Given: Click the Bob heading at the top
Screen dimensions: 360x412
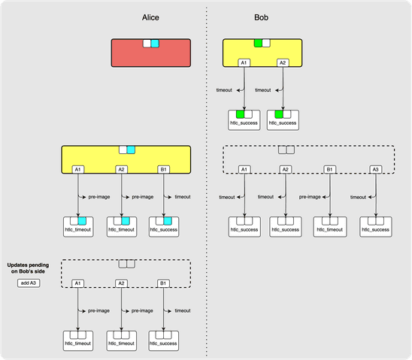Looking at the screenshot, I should (x=262, y=17).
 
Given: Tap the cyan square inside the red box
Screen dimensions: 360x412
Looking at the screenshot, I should (x=156, y=44).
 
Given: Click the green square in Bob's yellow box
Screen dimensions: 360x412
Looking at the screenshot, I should (x=258, y=44).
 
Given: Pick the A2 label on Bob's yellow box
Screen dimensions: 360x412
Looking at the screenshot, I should (x=282, y=63).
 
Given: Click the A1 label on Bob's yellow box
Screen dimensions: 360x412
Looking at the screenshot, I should (x=244, y=63).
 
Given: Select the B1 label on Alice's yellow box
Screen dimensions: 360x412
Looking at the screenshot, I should (x=162, y=169).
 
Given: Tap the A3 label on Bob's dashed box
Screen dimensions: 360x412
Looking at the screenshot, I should (x=375, y=169).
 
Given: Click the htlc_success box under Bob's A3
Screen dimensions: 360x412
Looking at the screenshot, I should (x=375, y=226).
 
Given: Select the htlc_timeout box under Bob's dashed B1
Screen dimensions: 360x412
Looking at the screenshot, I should (x=329, y=226).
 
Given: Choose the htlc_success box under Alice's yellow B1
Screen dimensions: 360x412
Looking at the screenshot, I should (x=162, y=226).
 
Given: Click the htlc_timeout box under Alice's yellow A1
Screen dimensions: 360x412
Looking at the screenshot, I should (x=77, y=226).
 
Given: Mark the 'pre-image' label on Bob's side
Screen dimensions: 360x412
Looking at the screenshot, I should (x=311, y=197).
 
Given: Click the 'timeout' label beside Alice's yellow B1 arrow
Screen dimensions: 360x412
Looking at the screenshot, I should (x=182, y=197).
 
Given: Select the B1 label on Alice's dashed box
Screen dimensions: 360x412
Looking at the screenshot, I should (x=162, y=283).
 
